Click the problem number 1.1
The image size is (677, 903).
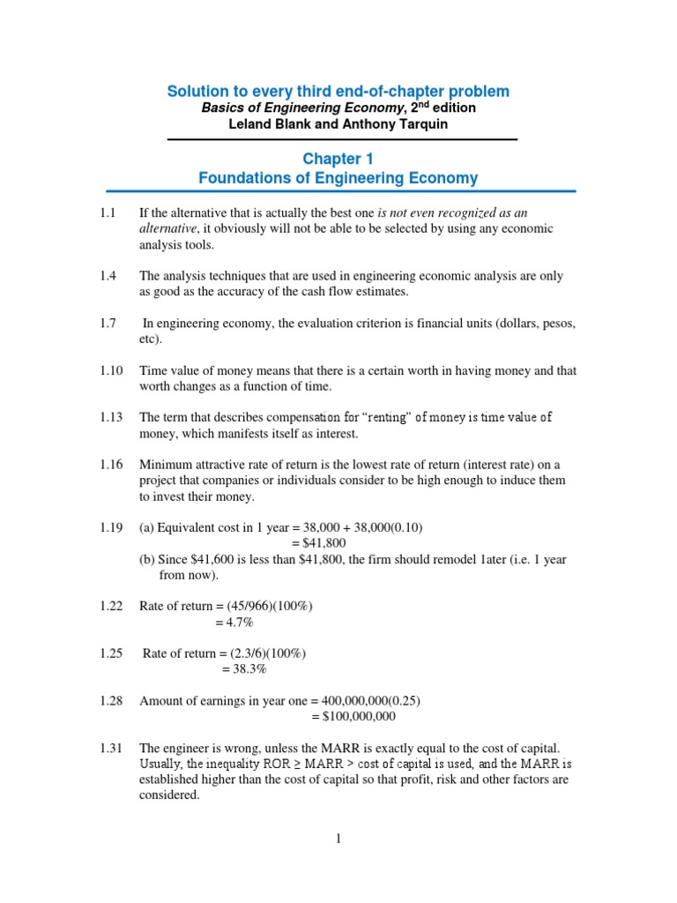pyautogui.click(x=108, y=213)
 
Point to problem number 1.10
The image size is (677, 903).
pyautogui.click(x=111, y=371)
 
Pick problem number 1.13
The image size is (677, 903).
pyautogui.click(x=111, y=418)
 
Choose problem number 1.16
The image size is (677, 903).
pyautogui.click(x=111, y=465)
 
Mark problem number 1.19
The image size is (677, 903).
pyautogui.click(x=111, y=528)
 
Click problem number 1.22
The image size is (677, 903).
pyautogui.click(x=111, y=607)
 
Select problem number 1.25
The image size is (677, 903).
pyautogui.click(x=111, y=653)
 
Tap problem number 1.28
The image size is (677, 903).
pyautogui.click(x=111, y=701)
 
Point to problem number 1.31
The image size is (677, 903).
pyautogui.click(x=111, y=748)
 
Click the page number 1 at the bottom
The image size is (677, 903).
pyautogui.click(x=338, y=839)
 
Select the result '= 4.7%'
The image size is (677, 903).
pyautogui.click(x=234, y=623)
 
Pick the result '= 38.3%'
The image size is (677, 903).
pyautogui.click(x=243, y=669)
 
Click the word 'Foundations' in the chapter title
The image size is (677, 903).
pyautogui.click(x=240, y=178)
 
